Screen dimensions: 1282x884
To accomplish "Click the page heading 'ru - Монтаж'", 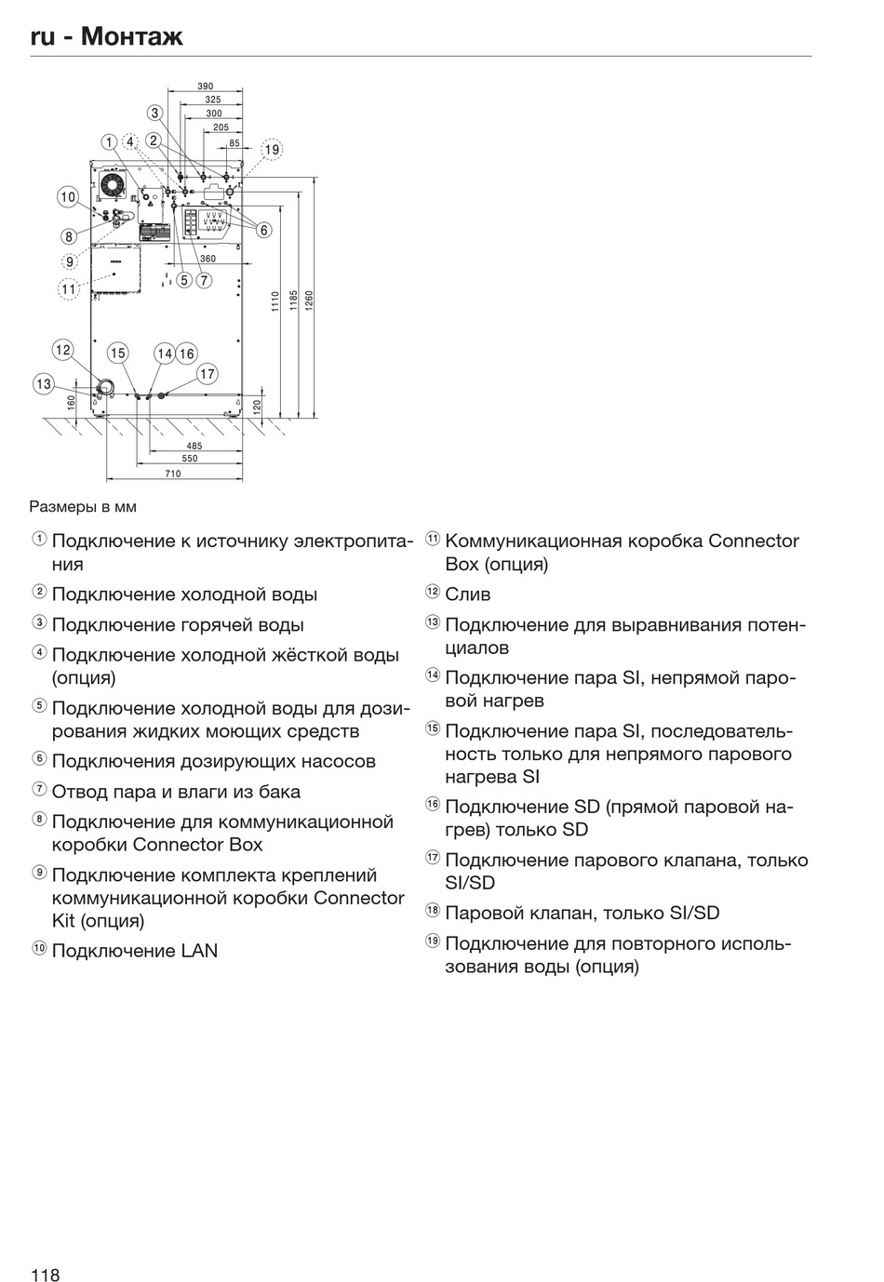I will pos(106,36).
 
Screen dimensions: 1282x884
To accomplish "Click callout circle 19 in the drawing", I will pos(271,149).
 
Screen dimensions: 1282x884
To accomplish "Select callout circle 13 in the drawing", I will pos(44,383).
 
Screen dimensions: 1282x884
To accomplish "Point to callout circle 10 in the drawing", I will pos(68,197).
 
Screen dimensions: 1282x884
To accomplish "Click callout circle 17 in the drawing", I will pos(207,374).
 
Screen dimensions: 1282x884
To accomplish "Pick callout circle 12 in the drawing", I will pos(62,351).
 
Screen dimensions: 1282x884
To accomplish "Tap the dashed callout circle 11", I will pos(68,288).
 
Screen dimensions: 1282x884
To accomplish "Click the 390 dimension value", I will pos(205,87).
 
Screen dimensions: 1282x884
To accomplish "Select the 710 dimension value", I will pos(173,474).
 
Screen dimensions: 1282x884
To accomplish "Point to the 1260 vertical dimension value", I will pos(309,300).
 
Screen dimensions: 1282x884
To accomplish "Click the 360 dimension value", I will pos(208,259).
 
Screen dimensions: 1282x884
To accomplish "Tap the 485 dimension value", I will pos(194,446).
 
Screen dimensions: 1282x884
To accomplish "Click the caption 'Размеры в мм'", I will pos(83,507).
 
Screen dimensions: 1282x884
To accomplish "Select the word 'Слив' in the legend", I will pos(467,594).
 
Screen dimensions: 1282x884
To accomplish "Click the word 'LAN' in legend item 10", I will pos(198,951).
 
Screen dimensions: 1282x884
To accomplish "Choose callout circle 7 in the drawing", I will pos(204,279).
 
